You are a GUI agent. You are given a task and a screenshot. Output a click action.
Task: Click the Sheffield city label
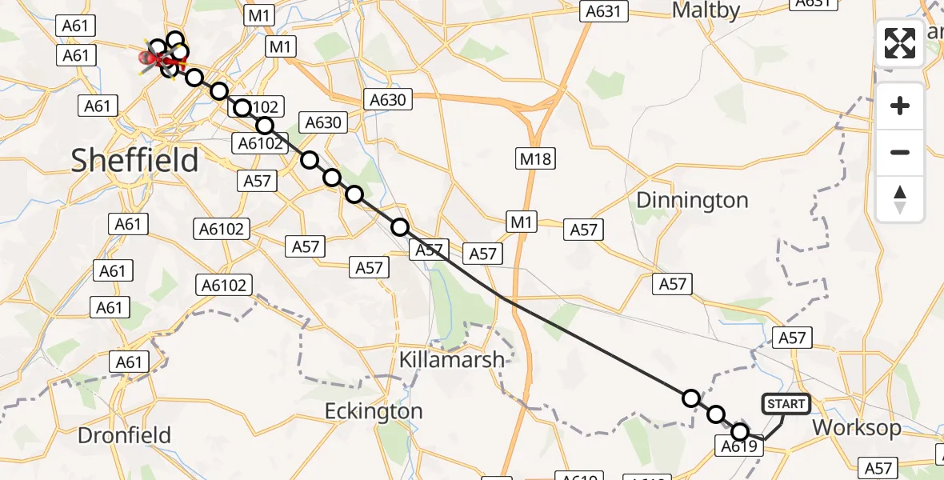(134, 161)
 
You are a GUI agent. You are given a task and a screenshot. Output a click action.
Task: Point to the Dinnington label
(692, 200)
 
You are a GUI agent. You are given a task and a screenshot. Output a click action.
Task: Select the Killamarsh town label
(452, 360)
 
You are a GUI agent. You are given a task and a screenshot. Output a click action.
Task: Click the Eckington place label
(373, 411)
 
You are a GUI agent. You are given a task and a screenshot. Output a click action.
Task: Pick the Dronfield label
(124, 435)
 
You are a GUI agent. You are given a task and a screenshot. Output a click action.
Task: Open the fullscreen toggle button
(900, 43)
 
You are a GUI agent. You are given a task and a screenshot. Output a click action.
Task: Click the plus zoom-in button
(900, 106)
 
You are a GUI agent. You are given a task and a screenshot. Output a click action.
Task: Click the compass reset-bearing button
(900, 198)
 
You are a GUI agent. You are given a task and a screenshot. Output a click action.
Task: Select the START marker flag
(786, 404)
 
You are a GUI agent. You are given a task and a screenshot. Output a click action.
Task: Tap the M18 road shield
(535, 158)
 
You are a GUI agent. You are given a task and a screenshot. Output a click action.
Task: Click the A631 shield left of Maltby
(604, 11)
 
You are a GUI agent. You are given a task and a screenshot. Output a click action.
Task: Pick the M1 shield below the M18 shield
(522, 222)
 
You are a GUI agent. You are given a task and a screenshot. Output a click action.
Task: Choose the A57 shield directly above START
(791, 338)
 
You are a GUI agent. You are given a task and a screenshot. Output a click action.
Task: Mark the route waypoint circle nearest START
(739, 432)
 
